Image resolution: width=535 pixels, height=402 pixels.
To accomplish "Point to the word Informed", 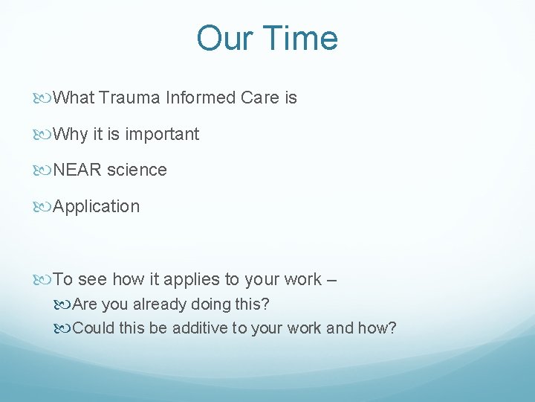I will (x=201, y=98).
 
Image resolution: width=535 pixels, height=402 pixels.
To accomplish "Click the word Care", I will (x=259, y=98).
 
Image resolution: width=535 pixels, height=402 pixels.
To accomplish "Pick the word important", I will (x=162, y=135).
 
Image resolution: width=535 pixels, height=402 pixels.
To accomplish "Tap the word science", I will (x=137, y=170).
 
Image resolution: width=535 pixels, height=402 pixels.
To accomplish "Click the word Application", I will (x=97, y=207).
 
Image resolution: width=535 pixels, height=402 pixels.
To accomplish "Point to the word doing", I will (x=215, y=304).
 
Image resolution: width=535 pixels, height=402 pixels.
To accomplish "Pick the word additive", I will (x=201, y=328).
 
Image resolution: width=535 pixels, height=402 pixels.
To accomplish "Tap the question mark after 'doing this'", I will (x=265, y=304).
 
